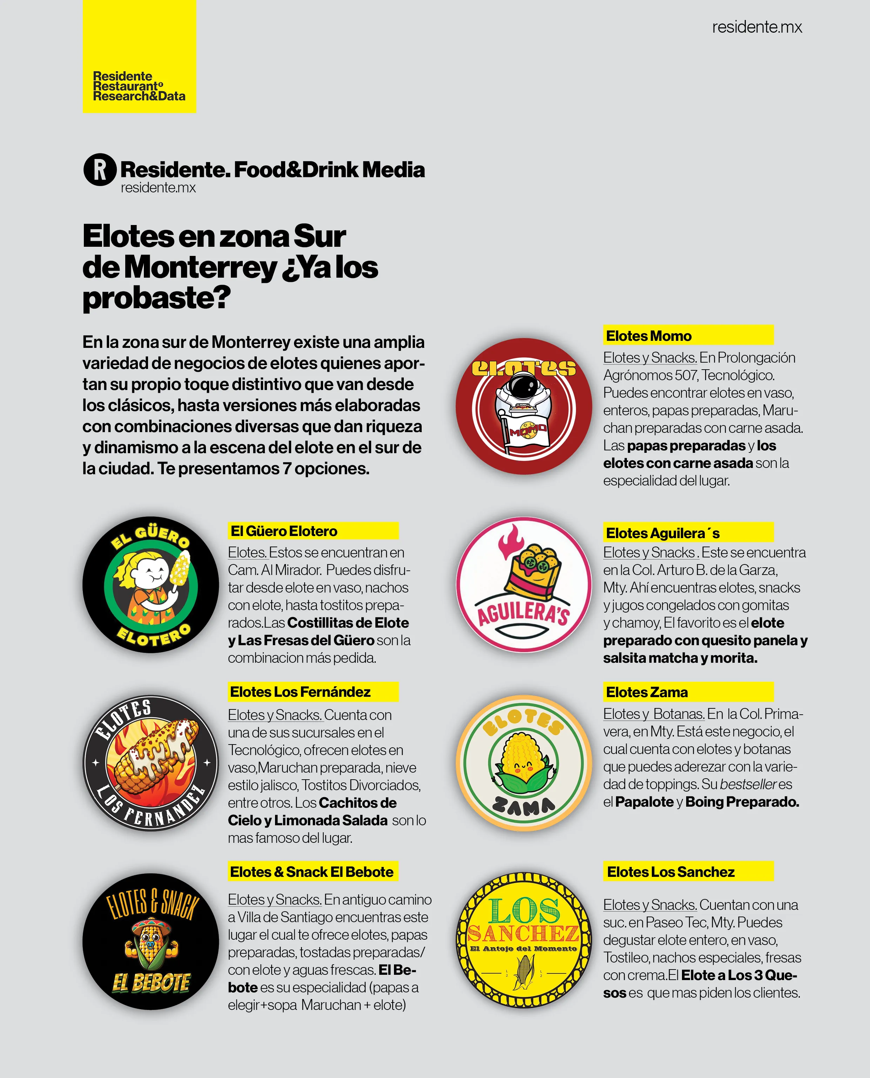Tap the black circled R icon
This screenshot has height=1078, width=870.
pos(100,170)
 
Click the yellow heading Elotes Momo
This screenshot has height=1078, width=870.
pos(649,336)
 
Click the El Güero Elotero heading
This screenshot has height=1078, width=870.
pos(284,531)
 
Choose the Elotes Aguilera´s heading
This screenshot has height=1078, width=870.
pos(663,533)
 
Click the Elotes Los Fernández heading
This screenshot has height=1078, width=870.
pos(300,692)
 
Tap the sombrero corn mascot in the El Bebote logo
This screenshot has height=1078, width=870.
pos(150,943)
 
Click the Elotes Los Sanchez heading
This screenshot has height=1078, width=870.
pos(670,872)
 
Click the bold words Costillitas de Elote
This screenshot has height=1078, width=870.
pos(348,623)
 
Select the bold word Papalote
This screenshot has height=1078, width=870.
pos(644,802)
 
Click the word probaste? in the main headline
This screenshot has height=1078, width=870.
pos(156,298)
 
